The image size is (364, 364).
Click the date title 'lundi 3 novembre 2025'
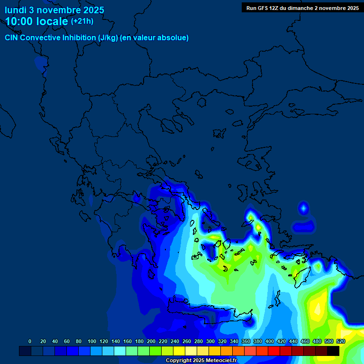[x=55, y=10]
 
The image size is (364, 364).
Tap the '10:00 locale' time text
[x=36, y=21]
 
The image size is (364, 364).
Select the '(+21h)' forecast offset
[x=82, y=21]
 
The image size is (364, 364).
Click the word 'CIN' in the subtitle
[x=12, y=38]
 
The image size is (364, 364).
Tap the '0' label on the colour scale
[x=30, y=341]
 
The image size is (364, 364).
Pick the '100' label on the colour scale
[x=92, y=341]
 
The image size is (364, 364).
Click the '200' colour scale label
[x=151, y=341]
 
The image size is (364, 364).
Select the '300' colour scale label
[x=210, y=341]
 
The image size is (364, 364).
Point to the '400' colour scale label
[x=270, y=341]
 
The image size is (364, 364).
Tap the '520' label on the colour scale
[x=341, y=341]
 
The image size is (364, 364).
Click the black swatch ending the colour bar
[x=333, y=351]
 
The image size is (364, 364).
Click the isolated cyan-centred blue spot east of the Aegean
[x=303, y=208]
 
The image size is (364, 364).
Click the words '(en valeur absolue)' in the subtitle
[x=155, y=38]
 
